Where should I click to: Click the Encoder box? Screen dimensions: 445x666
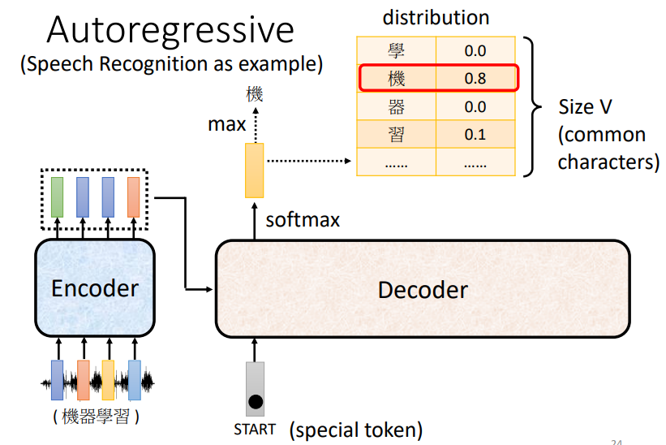pyautogui.click(x=94, y=288)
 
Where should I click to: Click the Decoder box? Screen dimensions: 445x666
pyautogui.click(x=422, y=290)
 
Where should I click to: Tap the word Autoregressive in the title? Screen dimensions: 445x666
pyautogui.click(x=170, y=30)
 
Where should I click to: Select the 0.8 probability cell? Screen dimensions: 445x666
pyautogui.click(x=475, y=79)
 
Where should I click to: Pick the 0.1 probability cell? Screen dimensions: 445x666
pyautogui.click(x=475, y=134)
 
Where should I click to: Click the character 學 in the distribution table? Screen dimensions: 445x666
pyautogui.click(x=396, y=51)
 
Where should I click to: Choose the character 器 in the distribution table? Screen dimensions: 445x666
pyautogui.click(x=396, y=106)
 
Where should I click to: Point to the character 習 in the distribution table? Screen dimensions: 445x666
pyautogui.click(x=396, y=134)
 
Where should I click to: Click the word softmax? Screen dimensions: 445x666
pyautogui.click(x=303, y=219)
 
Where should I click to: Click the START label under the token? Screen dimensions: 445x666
pyautogui.click(x=254, y=429)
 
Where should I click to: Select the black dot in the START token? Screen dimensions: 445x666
pyautogui.click(x=255, y=400)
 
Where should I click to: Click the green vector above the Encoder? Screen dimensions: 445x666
pyautogui.click(x=57, y=195)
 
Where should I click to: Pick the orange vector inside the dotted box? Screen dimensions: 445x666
pyautogui.click(x=133, y=195)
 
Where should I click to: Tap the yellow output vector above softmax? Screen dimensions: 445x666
pyautogui.click(x=255, y=170)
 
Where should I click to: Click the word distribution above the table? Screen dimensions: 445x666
pyautogui.click(x=436, y=17)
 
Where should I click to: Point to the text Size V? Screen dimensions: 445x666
pyautogui.click(x=585, y=107)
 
